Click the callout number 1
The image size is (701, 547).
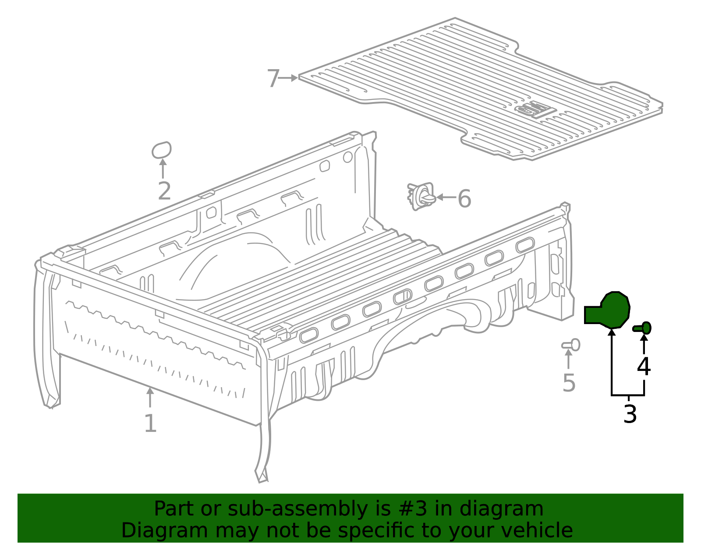click(x=151, y=423)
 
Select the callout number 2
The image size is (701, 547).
click(x=165, y=191)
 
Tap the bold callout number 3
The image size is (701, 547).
click(x=630, y=415)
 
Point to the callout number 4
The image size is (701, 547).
click(x=644, y=367)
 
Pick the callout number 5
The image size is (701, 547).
click(x=569, y=383)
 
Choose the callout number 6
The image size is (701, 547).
click(x=464, y=198)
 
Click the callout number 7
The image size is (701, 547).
click(x=273, y=78)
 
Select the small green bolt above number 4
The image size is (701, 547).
click(x=642, y=328)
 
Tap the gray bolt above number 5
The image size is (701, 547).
click(x=571, y=345)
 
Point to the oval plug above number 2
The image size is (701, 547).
click(x=162, y=150)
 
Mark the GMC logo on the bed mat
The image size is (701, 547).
click(x=535, y=109)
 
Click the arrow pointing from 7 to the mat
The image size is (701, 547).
click(x=288, y=78)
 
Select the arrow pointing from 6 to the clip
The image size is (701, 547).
click(x=446, y=197)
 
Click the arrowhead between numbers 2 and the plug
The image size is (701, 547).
click(x=163, y=162)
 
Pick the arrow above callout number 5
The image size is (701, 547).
click(x=568, y=359)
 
